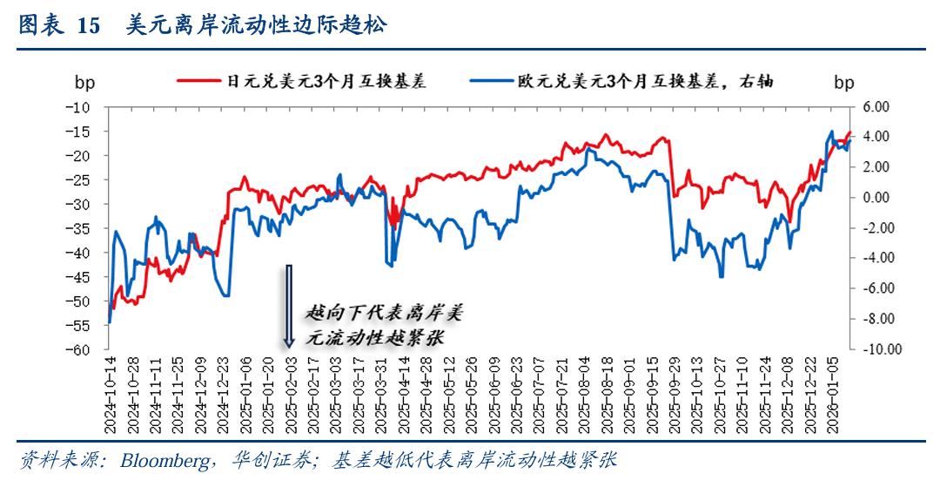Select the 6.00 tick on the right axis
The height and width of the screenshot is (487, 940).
tap(876, 106)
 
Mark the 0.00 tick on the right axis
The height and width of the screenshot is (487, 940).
tap(876, 198)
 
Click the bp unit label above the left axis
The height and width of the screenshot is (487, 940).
tap(84, 83)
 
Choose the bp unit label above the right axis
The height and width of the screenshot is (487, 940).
tap(843, 83)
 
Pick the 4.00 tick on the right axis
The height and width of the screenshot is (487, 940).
tap(876, 137)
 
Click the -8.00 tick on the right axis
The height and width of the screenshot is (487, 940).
tap(875, 319)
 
